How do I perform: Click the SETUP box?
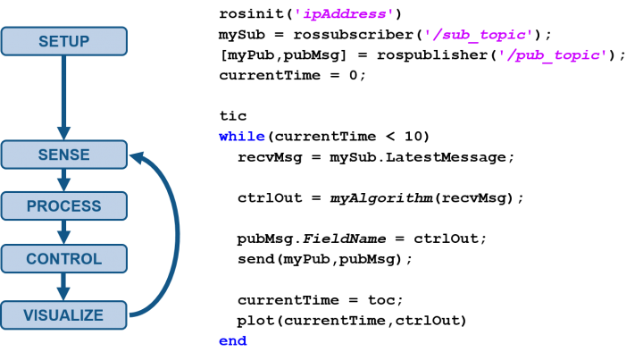pyautogui.click(x=64, y=41)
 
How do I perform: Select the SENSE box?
pyautogui.click(x=64, y=155)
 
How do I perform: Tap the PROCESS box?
pyautogui.click(x=64, y=205)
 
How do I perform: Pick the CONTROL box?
pyautogui.click(x=64, y=259)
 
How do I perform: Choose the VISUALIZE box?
pyautogui.click(x=64, y=315)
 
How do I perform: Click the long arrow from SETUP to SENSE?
pyautogui.click(x=63, y=98)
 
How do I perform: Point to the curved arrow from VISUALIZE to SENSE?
pyautogui.click(x=177, y=235)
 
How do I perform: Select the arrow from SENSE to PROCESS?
pyautogui.click(x=63, y=180)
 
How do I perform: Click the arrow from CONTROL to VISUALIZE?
pyautogui.click(x=63, y=287)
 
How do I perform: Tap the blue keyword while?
pyautogui.click(x=242, y=137)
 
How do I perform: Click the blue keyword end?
pyautogui.click(x=233, y=341)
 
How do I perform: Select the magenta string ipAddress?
pyautogui.click(x=345, y=14)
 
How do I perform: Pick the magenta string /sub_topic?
pyautogui.click(x=479, y=35)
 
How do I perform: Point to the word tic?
pyautogui.click(x=233, y=116)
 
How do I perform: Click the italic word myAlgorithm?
pyautogui.click(x=382, y=198)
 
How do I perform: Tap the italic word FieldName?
pyautogui.click(x=345, y=239)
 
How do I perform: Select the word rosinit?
pyautogui.click(x=251, y=14)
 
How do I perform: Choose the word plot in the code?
pyautogui.click(x=256, y=321)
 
